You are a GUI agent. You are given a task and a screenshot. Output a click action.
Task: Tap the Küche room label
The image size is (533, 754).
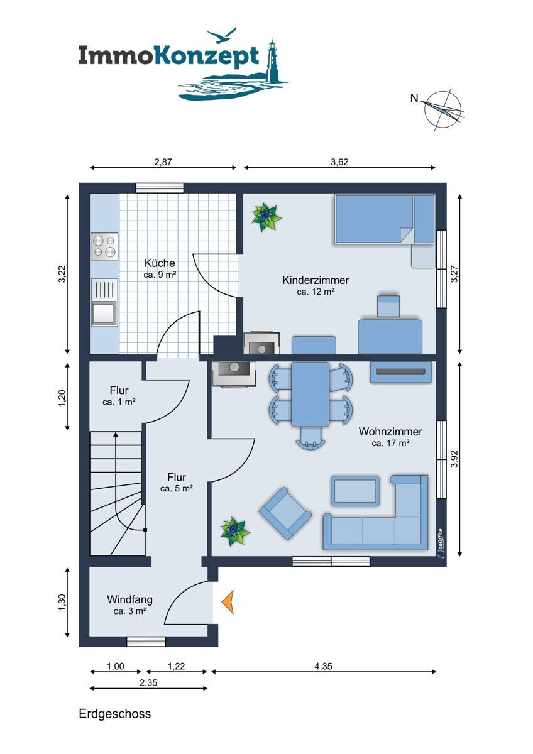click(160, 263)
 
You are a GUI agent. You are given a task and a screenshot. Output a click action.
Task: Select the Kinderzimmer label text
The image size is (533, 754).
click(316, 280)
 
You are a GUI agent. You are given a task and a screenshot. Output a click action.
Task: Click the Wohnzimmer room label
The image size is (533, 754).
click(390, 432)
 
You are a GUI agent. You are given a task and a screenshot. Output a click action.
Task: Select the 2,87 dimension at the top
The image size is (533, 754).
click(163, 162)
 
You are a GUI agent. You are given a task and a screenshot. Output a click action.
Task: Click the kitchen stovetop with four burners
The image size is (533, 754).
click(104, 246)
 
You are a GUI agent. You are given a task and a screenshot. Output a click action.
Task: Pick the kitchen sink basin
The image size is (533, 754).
click(104, 313)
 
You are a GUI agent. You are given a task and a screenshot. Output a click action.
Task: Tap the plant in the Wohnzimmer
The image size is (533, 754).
click(235, 531)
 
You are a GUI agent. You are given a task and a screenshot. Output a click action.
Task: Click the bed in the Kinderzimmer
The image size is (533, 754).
click(385, 219)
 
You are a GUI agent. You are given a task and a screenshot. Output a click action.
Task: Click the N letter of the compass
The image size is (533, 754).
click(414, 98)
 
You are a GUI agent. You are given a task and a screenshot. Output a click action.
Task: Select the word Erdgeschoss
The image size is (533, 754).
click(115, 714)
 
